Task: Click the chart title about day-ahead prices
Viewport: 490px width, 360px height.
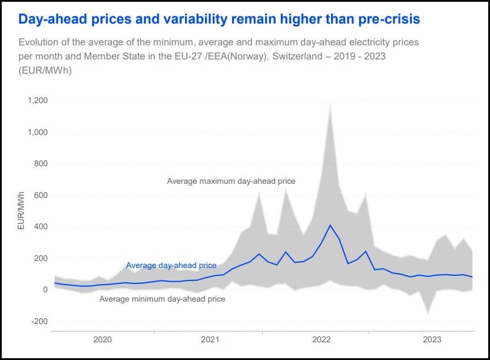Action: (x=219, y=19)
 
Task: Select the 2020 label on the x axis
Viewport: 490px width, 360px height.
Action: (x=102, y=340)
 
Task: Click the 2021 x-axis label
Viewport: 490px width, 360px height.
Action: (x=211, y=340)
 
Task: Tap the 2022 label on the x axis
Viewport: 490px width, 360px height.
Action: (x=322, y=340)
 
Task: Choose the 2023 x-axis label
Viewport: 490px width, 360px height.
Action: (x=432, y=340)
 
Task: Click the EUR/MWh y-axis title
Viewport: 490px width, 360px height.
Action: (x=21, y=210)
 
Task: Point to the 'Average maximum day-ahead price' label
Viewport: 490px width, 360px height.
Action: (x=231, y=181)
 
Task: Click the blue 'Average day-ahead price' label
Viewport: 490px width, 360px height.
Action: (x=171, y=265)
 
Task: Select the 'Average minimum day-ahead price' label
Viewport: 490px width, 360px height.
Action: (x=162, y=299)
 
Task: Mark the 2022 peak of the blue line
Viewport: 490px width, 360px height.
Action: (x=330, y=225)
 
